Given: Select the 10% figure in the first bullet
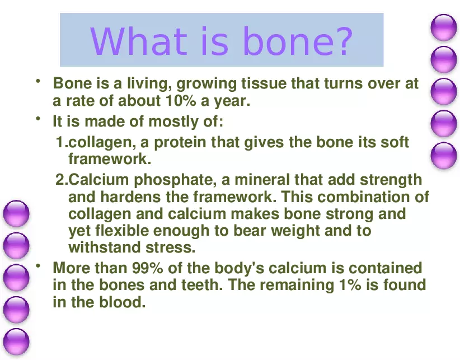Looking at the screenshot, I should [x=180, y=101].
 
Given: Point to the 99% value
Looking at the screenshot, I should [x=146, y=268].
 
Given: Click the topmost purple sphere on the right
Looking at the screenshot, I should [x=444, y=27].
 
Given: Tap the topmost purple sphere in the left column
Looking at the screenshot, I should [x=16, y=214].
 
